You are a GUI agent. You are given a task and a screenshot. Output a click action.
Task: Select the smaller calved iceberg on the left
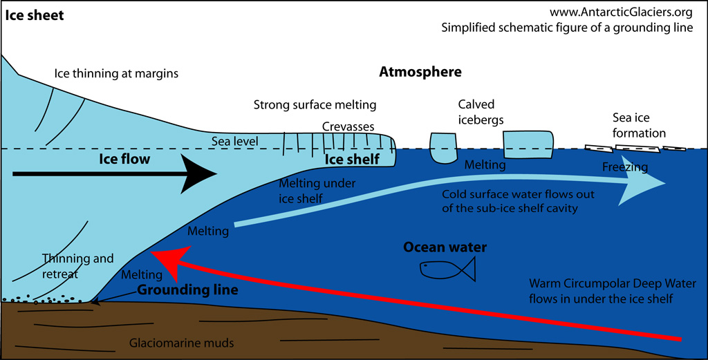click(443, 147)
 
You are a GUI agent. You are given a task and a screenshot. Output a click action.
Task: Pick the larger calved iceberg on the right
click(528, 146)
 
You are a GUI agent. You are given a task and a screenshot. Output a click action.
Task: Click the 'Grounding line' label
click(187, 290)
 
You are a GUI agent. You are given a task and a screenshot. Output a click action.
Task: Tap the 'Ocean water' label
click(445, 247)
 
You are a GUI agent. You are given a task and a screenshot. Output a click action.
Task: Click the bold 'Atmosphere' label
click(420, 72)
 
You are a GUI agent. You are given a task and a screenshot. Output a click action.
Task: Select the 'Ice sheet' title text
click(35, 15)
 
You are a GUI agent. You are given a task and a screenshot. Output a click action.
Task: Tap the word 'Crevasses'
click(348, 127)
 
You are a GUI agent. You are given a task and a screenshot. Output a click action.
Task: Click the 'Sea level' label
click(234, 142)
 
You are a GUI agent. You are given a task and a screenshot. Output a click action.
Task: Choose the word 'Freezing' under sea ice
click(624, 167)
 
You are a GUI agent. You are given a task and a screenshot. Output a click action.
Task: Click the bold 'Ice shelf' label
click(352, 160)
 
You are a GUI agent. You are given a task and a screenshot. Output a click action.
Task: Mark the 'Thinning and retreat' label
click(77, 266)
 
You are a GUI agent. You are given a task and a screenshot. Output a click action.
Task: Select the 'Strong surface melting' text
click(315, 105)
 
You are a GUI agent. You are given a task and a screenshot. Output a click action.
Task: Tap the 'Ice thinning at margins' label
click(117, 73)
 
